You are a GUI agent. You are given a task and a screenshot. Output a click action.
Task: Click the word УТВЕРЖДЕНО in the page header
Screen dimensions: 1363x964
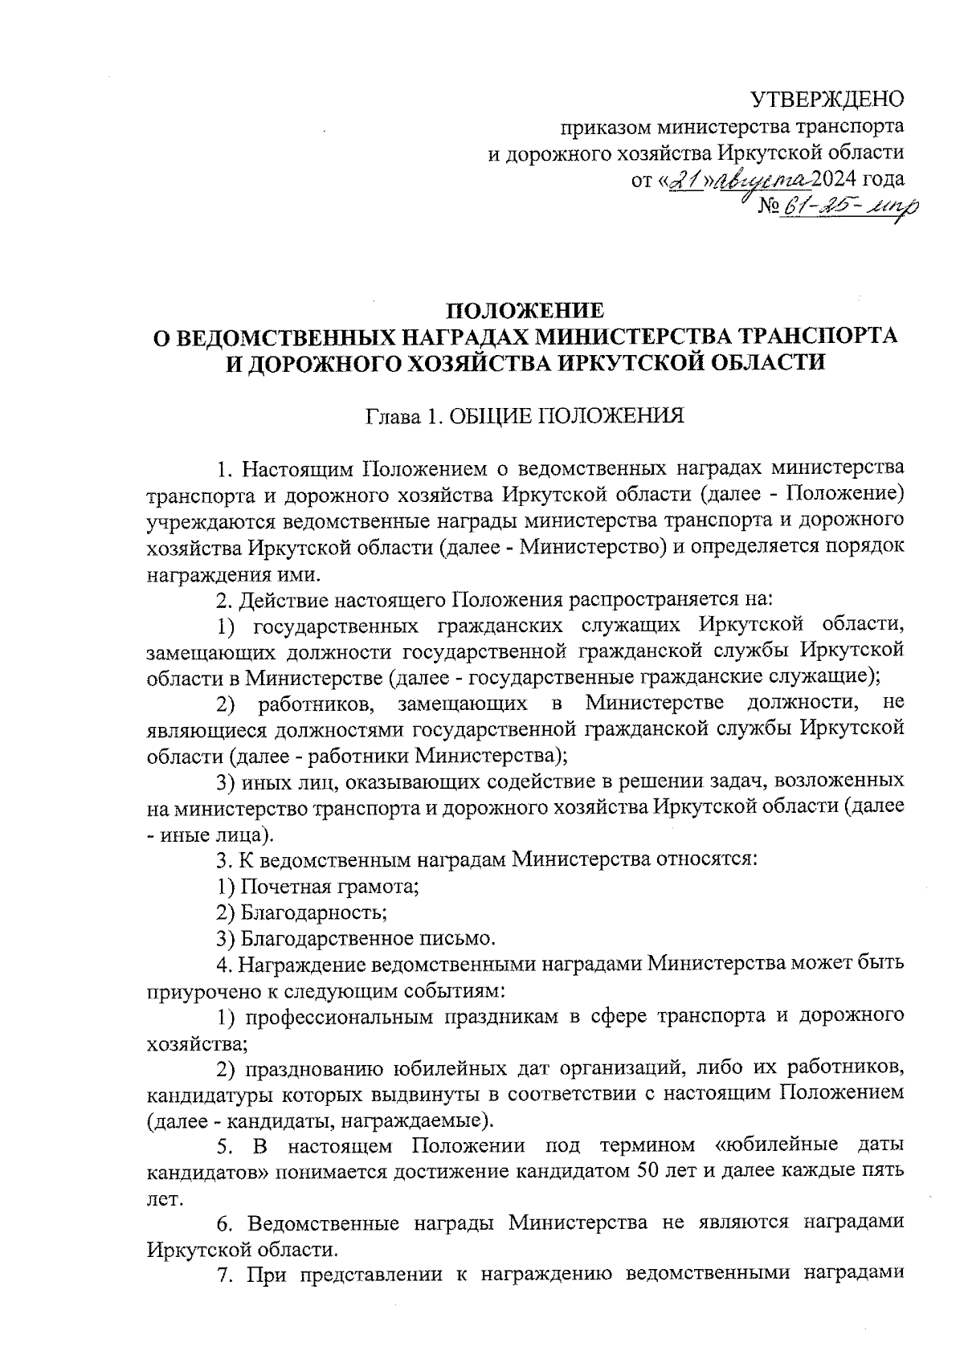[x=827, y=100]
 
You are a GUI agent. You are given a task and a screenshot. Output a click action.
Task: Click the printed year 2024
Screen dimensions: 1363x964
[x=836, y=179]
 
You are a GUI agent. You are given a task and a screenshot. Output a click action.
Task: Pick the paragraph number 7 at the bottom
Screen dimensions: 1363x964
[x=223, y=1275]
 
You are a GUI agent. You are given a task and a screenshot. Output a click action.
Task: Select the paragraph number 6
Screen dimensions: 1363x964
[x=224, y=1223]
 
